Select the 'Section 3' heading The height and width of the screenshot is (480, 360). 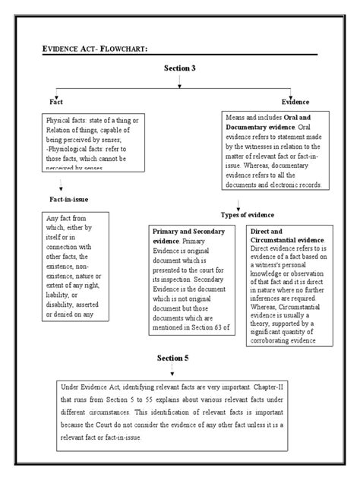click(180, 68)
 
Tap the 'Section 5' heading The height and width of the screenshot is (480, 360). click(173, 358)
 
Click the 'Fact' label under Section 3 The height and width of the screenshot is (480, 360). click(55, 102)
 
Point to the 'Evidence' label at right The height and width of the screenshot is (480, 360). click(295, 102)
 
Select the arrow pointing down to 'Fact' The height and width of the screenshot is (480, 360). click(52, 91)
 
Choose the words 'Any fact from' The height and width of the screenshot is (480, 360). click(64, 219)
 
